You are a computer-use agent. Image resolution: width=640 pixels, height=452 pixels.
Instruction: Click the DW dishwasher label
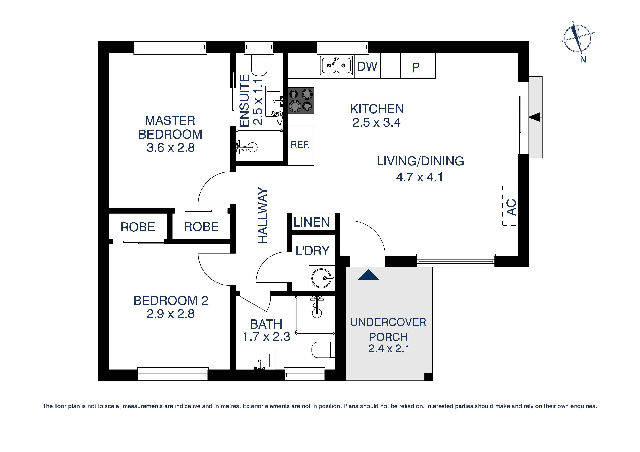tap(367, 66)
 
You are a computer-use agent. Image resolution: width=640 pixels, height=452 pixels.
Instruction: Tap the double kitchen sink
tap(336, 65)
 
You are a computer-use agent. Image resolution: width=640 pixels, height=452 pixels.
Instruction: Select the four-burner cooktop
tap(301, 101)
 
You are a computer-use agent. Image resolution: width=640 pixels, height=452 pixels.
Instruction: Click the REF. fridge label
tap(300, 145)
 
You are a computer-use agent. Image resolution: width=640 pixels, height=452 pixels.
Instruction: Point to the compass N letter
tap(583, 59)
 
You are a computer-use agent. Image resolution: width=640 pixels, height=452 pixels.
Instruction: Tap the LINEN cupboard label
tap(312, 222)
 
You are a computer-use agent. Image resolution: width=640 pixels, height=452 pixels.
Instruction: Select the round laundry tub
tap(321, 278)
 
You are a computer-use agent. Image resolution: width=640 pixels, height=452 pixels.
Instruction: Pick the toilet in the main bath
tap(322, 350)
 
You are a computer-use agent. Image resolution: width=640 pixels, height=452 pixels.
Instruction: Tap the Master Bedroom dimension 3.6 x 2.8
tap(171, 148)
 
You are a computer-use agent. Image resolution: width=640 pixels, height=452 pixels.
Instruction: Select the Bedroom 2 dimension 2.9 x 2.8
tap(171, 314)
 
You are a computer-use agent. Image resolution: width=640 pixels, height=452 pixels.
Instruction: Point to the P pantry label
tap(416, 67)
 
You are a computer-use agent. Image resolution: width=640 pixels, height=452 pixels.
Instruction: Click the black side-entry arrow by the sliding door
tap(534, 117)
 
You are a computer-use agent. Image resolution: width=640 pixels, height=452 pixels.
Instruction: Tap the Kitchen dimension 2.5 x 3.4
tap(376, 122)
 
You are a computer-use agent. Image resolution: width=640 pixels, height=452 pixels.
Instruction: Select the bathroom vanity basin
tap(259, 360)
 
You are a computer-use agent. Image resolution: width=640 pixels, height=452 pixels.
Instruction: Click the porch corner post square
tap(428, 377)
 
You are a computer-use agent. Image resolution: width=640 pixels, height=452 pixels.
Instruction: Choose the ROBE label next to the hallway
tap(201, 227)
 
